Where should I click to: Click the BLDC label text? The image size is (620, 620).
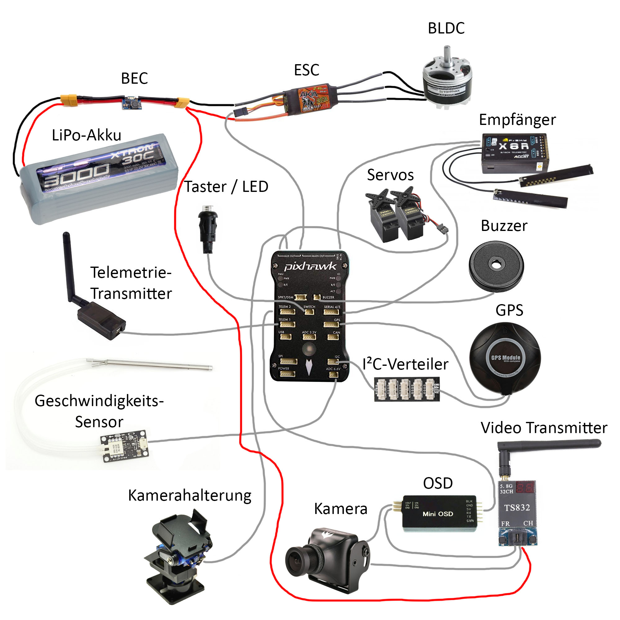pos(446,28)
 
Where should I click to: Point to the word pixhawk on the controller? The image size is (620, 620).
pos(310,266)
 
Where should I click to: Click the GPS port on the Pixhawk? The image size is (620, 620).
pos(331,325)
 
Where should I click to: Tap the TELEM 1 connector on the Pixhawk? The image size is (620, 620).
pos(288,325)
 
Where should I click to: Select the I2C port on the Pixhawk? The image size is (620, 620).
pos(332,362)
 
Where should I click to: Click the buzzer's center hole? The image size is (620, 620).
pos(496,265)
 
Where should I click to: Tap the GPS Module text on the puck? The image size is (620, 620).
pos(506,357)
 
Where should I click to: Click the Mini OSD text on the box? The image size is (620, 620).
pos(438,514)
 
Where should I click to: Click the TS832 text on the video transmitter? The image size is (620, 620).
pos(517,508)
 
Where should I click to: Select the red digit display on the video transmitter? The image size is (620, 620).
pos(525,488)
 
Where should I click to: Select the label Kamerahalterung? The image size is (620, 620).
pos(189,495)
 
